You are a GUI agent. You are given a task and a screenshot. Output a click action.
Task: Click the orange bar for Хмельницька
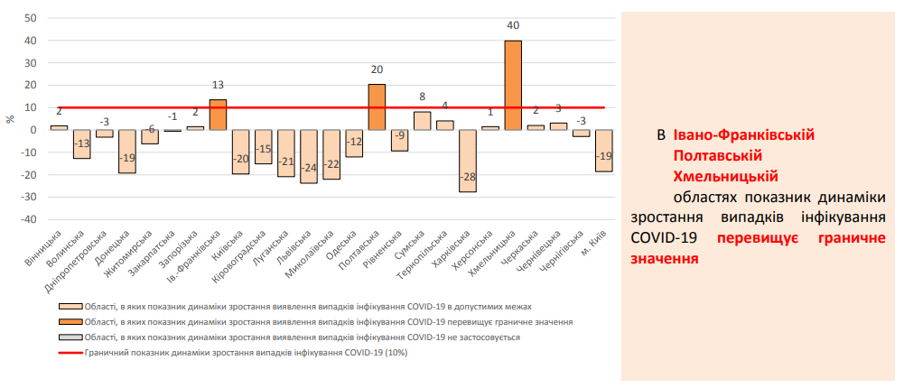click(512, 85)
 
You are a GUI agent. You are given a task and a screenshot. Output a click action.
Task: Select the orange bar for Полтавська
click(377, 106)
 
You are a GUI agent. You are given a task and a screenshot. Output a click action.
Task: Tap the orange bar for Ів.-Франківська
click(218, 115)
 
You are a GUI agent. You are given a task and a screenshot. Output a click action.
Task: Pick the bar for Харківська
click(467, 161)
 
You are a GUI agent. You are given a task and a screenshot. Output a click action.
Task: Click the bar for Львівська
click(309, 156)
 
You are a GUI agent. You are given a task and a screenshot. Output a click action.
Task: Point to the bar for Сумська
click(422, 121)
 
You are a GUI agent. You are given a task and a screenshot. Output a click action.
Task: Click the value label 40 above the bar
click(512, 28)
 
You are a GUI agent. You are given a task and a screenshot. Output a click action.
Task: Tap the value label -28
click(467, 177)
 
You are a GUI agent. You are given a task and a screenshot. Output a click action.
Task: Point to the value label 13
click(218, 85)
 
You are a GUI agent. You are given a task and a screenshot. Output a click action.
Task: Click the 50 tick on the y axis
click(30, 18)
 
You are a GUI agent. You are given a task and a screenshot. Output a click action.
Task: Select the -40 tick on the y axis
click(27, 219)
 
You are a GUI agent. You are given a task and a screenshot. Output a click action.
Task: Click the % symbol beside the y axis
click(10, 119)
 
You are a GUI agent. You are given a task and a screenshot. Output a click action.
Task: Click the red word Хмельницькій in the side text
click(726, 175)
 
